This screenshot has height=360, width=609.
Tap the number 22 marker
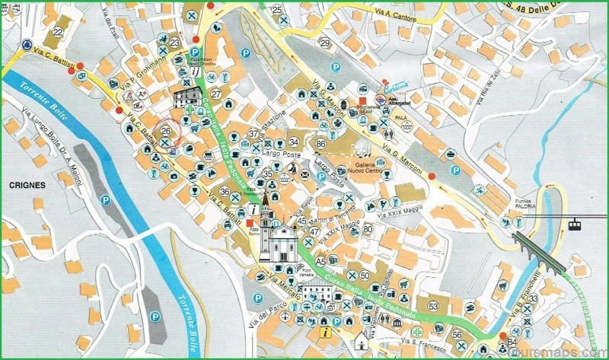pyautogui.click(x=59, y=31)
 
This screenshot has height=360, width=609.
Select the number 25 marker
pyautogui.click(x=278, y=9)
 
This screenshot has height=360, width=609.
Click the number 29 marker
pyautogui.click(x=325, y=43)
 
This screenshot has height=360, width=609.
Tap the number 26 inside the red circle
pyautogui.click(x=166, y=132)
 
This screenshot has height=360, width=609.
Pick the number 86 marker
pyautogui.click(x=321, y=143)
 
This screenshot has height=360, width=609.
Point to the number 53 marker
pyautogui.click(x=433, y=306)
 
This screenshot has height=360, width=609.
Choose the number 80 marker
pyautogui.click(x=368, y=228)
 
